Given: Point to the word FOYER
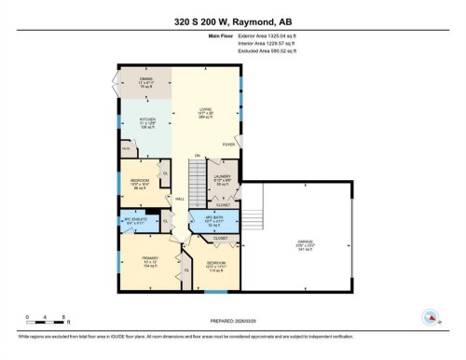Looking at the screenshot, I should click(x=227, y=145).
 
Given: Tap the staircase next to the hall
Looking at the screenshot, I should click(x=196, y=177).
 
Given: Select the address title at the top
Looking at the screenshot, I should click(x=233, y=19).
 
